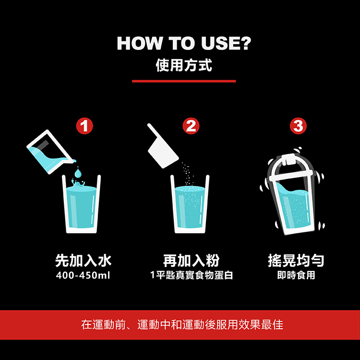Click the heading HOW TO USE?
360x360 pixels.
pos(184,43)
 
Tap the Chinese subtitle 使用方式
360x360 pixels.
pos(184,65)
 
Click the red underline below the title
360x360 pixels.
pos(184,81)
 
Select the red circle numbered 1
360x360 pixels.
pos(84,126)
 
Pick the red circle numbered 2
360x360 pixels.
pos(191,126)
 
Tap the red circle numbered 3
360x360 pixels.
pos(298,126)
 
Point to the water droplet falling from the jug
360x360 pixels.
pos(78,173)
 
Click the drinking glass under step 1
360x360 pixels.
pos(81,204)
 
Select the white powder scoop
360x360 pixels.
pos(163,147)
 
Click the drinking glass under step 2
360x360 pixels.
pos(190,204)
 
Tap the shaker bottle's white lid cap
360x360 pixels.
pos(290,159)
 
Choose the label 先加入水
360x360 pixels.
pos(84,261)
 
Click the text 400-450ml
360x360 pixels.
pos(83,275)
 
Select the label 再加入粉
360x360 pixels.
pos(191,261)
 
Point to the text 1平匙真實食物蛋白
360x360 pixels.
pos(192,275)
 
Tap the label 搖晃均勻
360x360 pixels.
pos(296,261)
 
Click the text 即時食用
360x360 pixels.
pos(296,275)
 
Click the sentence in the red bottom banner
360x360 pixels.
pos(182,324)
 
